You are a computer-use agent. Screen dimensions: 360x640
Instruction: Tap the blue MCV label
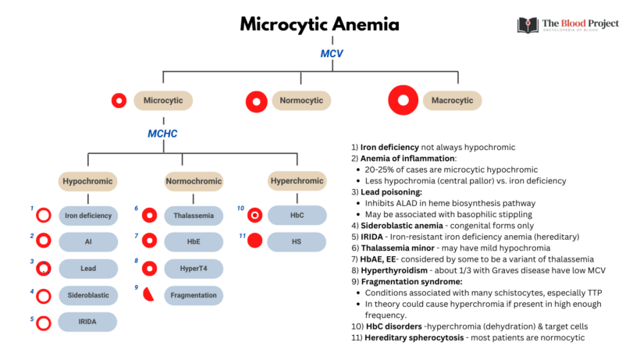pos(332,54)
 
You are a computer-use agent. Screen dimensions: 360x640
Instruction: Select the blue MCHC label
pos(162,134)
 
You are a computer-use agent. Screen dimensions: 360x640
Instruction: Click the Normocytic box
pos(301,101)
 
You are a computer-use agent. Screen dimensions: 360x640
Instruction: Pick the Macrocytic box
pos(452,101)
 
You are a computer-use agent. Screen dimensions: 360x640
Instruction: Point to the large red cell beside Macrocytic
pos(404,101)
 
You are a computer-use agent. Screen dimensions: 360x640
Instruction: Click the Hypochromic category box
pos(88,181)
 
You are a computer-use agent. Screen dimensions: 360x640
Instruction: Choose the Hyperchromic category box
pos(297,181)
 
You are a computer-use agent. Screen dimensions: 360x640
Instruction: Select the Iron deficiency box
pos(88,216)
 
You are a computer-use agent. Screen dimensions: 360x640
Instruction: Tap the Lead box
pos(88,269)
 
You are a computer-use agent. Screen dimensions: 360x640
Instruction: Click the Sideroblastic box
pos(88,295)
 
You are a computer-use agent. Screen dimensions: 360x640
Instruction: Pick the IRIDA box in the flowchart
pos(88,322)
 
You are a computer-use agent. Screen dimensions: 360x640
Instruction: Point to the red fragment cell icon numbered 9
pos(148,295)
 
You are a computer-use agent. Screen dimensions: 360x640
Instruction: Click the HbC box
pos(297,215)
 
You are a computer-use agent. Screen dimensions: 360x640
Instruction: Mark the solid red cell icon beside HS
pos(254,241)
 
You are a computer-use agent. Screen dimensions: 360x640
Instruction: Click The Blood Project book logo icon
pos(528,25)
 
